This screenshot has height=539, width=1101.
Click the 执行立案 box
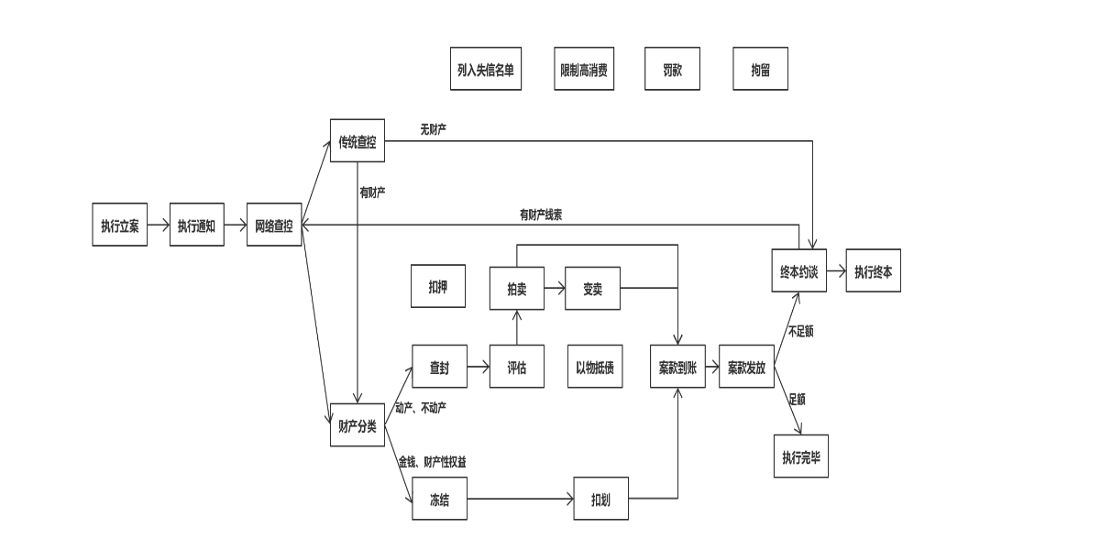pos(119,226)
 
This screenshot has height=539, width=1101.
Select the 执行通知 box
pos(196,226)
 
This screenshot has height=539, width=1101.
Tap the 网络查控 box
pos(274,225)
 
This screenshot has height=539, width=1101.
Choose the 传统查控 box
pos(357,141)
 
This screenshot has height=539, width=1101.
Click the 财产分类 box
pos(357,424)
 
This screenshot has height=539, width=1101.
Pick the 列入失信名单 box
pos(486,70)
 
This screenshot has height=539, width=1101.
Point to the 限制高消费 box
pos(585,70)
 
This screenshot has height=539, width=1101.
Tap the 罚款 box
pos(672,70)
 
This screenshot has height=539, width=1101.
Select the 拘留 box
pos(760,70)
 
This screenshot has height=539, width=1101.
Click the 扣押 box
pos(438,286)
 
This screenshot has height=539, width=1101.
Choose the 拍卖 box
pos(517,289)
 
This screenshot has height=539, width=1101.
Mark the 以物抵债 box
pos(594,368)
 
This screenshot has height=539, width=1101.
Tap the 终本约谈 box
pos(798,271)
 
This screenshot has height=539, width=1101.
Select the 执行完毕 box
pos(800,456)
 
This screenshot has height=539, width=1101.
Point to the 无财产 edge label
pos(433,129)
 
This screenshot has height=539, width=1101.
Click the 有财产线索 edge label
pos(541,214)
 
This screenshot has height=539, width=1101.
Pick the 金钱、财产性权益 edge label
pos(438,461)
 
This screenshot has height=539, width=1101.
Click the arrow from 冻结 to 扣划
pos(520,500)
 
